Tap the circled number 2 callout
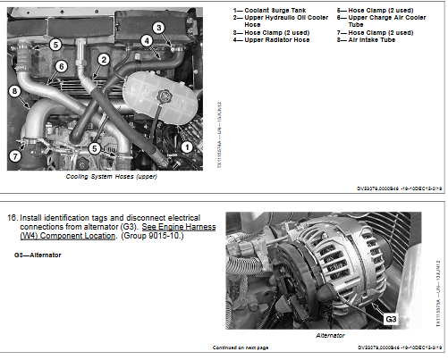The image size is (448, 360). click(x=104, y=60)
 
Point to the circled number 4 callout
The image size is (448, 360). click(x=146, y=41)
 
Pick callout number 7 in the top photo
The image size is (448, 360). click(x=13, y=155)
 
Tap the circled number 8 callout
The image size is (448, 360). click(x=14, y=90)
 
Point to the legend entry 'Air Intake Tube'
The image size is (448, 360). click(x=368, y=40)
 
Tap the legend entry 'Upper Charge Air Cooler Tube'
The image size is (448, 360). click(x=371, y=21)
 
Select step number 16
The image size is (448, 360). click(x=13, y=217)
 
